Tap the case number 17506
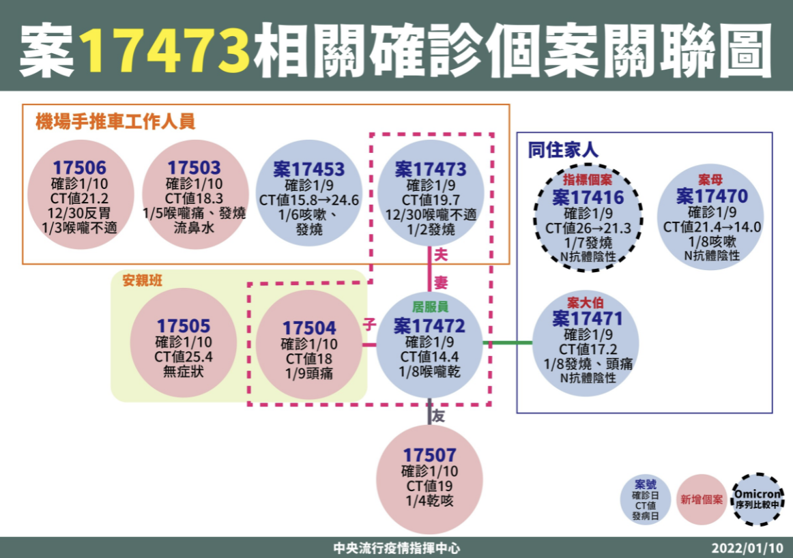pos(80,168)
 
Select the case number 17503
pos(194,168)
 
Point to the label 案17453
pos(309,169)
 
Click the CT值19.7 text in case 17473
pos(431,200)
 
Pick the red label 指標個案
pos(588,180)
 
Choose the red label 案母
pos(710,179)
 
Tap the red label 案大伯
pos(586,303)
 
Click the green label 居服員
pos(430,307)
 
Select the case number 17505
pos(184,326)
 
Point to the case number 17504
pos(309,328)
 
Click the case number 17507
pos(430,456)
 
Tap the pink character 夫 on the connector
pos(441,254)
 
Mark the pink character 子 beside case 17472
pos(370,325)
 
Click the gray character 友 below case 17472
pos(439,416)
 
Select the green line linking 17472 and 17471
pos(507,343)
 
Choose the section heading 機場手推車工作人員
pos(115,122)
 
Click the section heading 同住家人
pos(563,150)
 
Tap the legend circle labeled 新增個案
pos(702,499)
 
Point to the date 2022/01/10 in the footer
pos(747,548)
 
